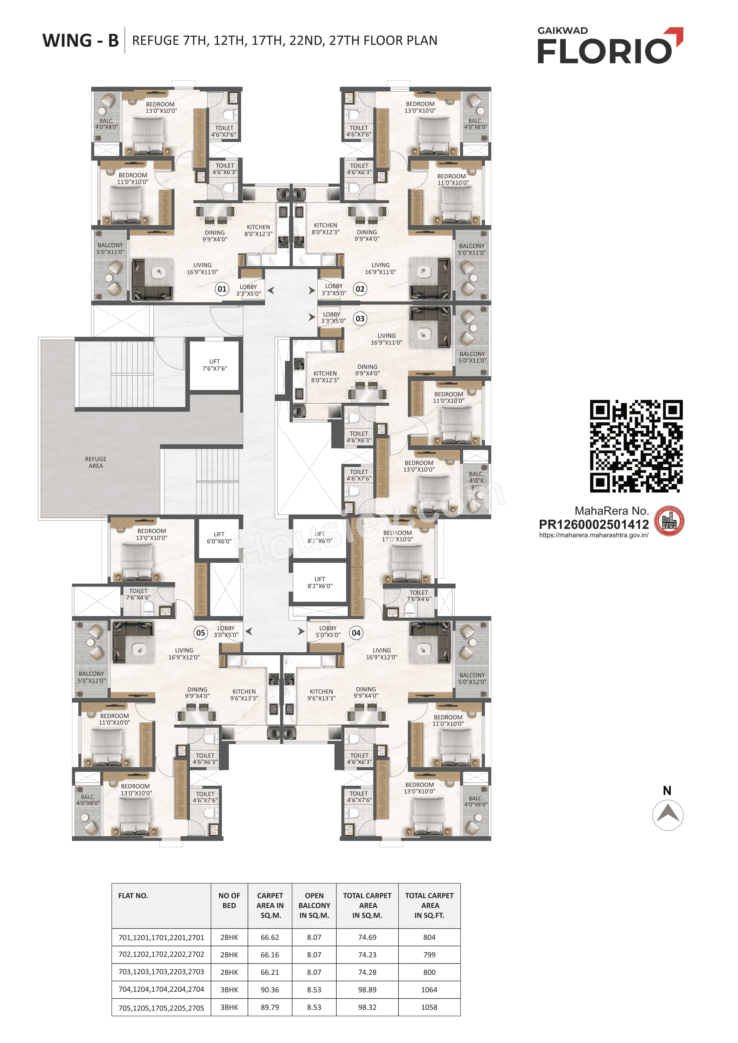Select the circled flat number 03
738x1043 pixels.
(x=360, y=318)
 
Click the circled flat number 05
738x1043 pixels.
(x=201, y=632)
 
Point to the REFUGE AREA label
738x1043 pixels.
(x=96, y=463)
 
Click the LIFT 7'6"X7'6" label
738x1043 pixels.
(x=215, y=365)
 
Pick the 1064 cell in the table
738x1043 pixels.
(x=429, y=989)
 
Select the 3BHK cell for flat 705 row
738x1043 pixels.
(x=229, y=1007)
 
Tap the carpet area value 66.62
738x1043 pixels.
(x=270, y=937)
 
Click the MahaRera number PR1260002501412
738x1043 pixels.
(x=593, y=525)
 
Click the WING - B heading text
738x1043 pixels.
(x=80, y=40)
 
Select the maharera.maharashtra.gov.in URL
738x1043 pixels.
(x=593, y=535)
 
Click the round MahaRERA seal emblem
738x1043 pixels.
(x=669, y=521)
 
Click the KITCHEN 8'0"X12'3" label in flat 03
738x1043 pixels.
(x=325, y=376)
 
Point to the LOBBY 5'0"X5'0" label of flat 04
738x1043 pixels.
(x=328, y=632)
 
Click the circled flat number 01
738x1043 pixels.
(x=222, y=289)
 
